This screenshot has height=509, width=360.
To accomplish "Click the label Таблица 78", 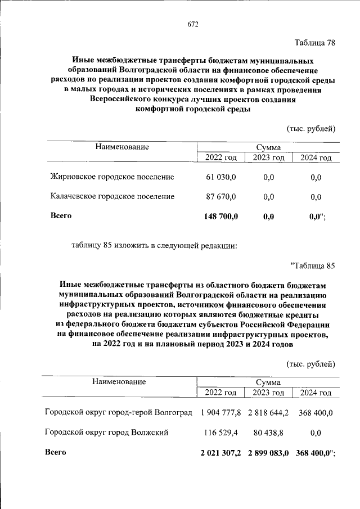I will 315,44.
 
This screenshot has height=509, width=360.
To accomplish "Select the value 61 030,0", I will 221,177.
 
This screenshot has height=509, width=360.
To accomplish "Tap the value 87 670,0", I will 221,196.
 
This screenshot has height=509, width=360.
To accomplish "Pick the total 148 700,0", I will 220,215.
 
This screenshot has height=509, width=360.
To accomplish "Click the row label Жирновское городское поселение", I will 112,177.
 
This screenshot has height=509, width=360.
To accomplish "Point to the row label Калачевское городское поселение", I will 112,196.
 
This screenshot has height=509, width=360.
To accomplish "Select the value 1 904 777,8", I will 220,413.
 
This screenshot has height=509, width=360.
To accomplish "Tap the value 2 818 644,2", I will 268,413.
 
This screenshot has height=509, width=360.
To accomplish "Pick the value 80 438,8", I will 268,432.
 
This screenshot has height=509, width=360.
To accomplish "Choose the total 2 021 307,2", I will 220,452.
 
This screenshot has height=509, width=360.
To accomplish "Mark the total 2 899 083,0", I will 268,452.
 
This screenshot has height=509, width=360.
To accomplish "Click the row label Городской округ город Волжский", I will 106,432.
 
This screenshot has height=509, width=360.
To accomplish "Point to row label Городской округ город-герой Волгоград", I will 119,413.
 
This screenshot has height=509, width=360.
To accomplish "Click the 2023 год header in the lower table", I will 269,393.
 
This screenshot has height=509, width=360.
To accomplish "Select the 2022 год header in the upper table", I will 221,157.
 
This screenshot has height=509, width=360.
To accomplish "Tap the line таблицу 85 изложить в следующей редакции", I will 155,245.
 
